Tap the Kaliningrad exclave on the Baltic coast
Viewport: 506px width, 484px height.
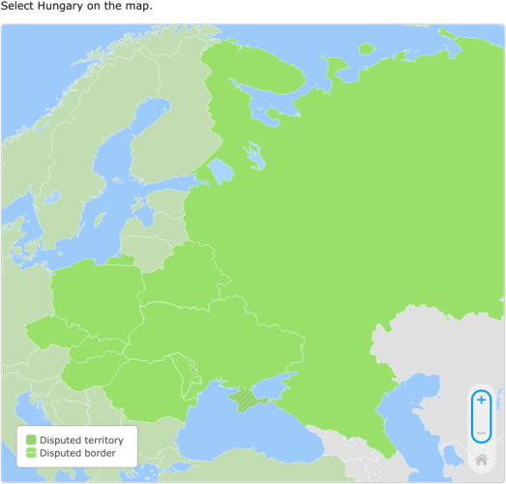(120, 259)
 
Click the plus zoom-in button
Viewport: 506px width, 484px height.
(481, 400)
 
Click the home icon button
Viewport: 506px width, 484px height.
(481, 459)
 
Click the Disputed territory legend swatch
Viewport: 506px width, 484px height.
(31, 439)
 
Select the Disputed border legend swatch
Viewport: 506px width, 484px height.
(31, 452)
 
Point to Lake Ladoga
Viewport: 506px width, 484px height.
(221, 170)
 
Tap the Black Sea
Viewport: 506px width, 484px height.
(242, 431)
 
